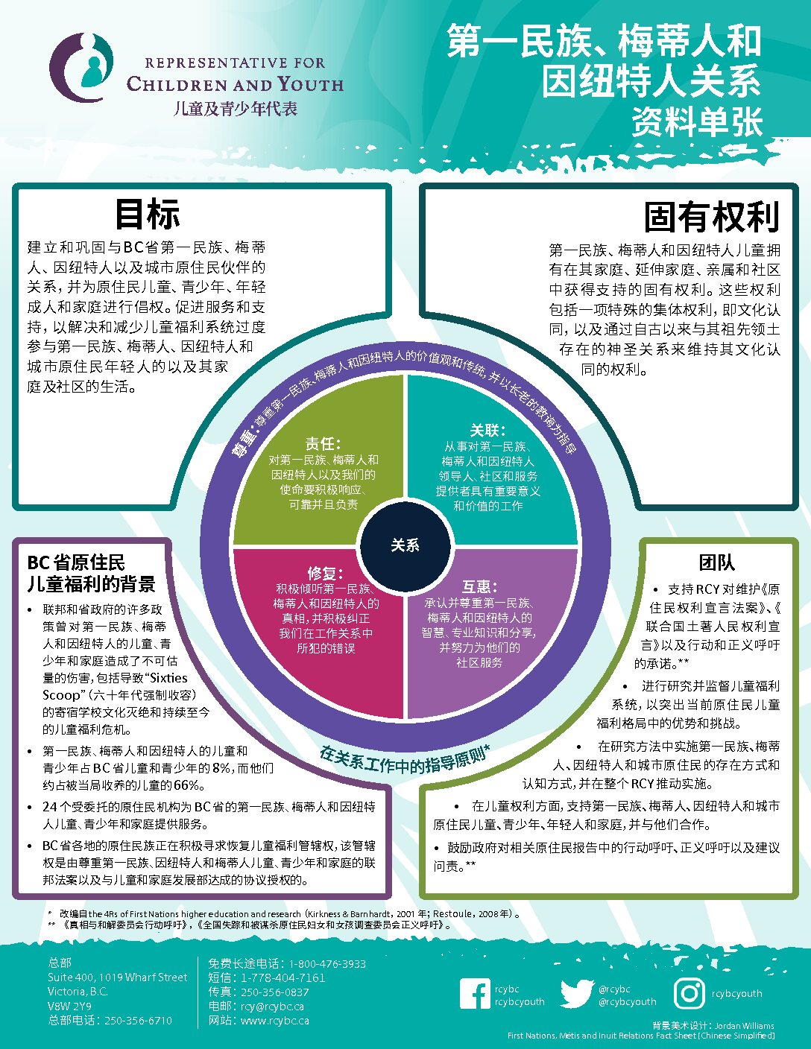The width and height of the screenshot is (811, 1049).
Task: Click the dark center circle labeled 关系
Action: pyautogui.click(x=405, y=546)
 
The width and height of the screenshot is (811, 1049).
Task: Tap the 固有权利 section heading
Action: pyautogui.click(x=712, y=217)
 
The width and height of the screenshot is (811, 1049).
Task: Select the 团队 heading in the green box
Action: pyautogui.click(x=717, y=562)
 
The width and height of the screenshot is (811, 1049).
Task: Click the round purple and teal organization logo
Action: pyautogui.click(x=81, y=67)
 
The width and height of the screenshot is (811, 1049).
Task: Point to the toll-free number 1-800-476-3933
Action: pyautogui.click(x=327, y=964)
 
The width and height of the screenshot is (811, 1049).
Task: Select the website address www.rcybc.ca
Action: pyautogui.click(x=274, y=1021)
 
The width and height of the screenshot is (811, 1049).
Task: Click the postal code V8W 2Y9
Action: pyautogui.click(x=69, y=1007)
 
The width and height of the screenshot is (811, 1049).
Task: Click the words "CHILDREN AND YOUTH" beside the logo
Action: pyautogui.click(x=235, y=84)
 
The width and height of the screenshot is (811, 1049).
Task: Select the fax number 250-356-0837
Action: pyautogui.click(x=274, y=992)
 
